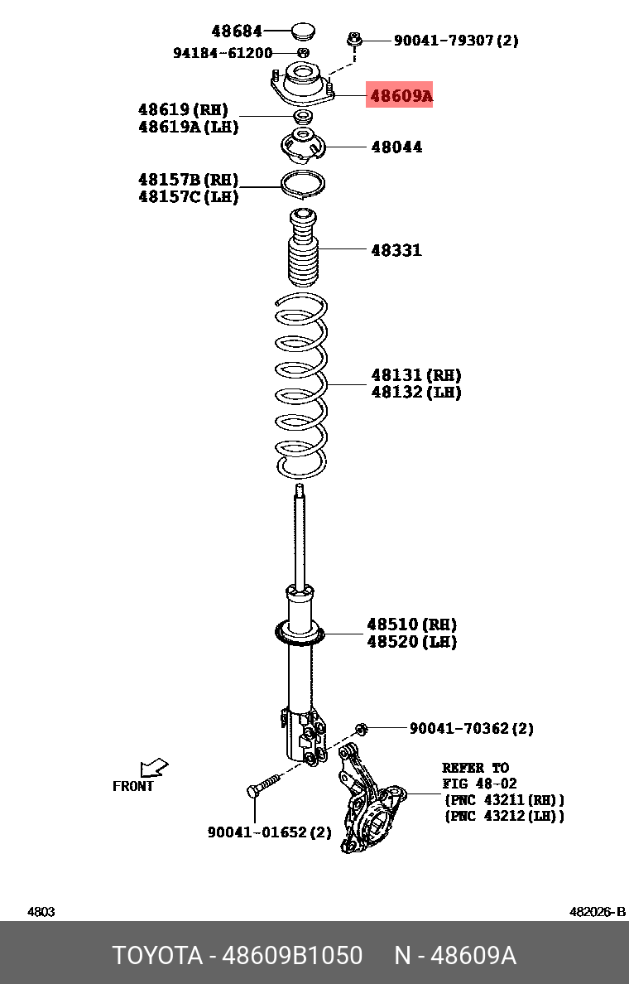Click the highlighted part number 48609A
(401, 96)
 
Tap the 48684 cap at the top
(302, 33)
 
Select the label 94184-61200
(223, 53)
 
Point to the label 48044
(396, 147)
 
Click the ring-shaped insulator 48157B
(304, 184)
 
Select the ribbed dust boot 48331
(303, 248)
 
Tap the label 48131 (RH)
(415, 375)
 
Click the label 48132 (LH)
(415, 393)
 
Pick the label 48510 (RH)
(411, 625)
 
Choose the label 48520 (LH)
(411, 642)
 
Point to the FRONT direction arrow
(153, 768)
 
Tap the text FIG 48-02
(479, 784)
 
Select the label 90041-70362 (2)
(471, 729)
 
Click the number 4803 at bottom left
(41, 912)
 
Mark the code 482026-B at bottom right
(598, 912)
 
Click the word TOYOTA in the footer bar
(157, 956)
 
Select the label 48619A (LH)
(188, 128)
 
